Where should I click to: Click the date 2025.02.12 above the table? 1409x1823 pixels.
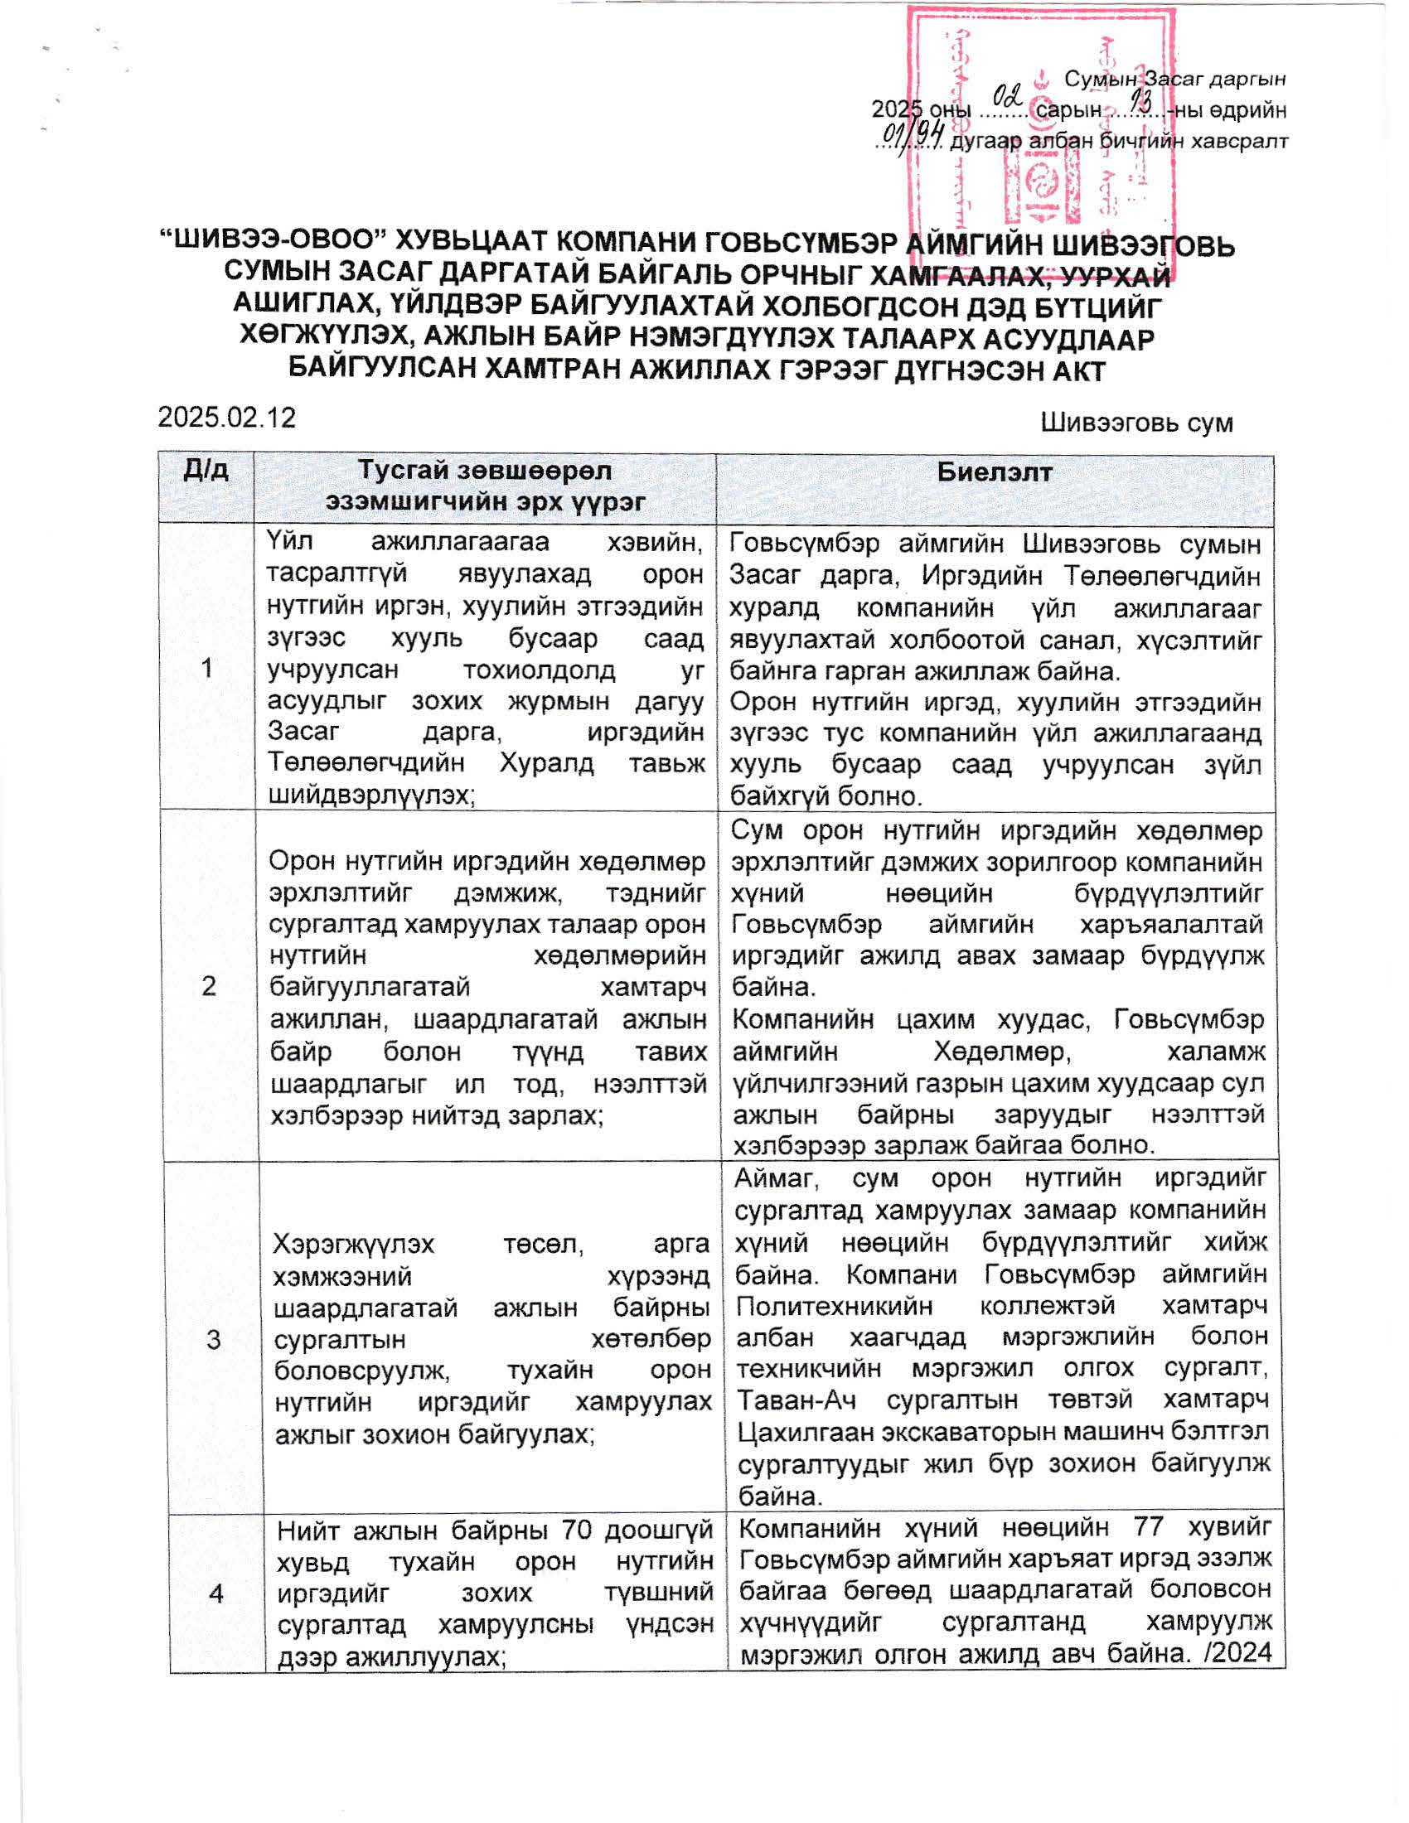[226, 418]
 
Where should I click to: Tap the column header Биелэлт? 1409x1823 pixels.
[994, 472]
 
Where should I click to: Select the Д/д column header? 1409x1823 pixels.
[206, 471]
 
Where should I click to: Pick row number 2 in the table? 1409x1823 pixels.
[209, 986]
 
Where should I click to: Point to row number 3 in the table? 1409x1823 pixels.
[213, 1340]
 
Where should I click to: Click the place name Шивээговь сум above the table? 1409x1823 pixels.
[1136, 423]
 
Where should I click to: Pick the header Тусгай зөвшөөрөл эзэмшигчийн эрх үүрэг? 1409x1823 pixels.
[485, 486]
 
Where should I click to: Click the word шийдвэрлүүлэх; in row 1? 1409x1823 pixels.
[370, 795]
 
